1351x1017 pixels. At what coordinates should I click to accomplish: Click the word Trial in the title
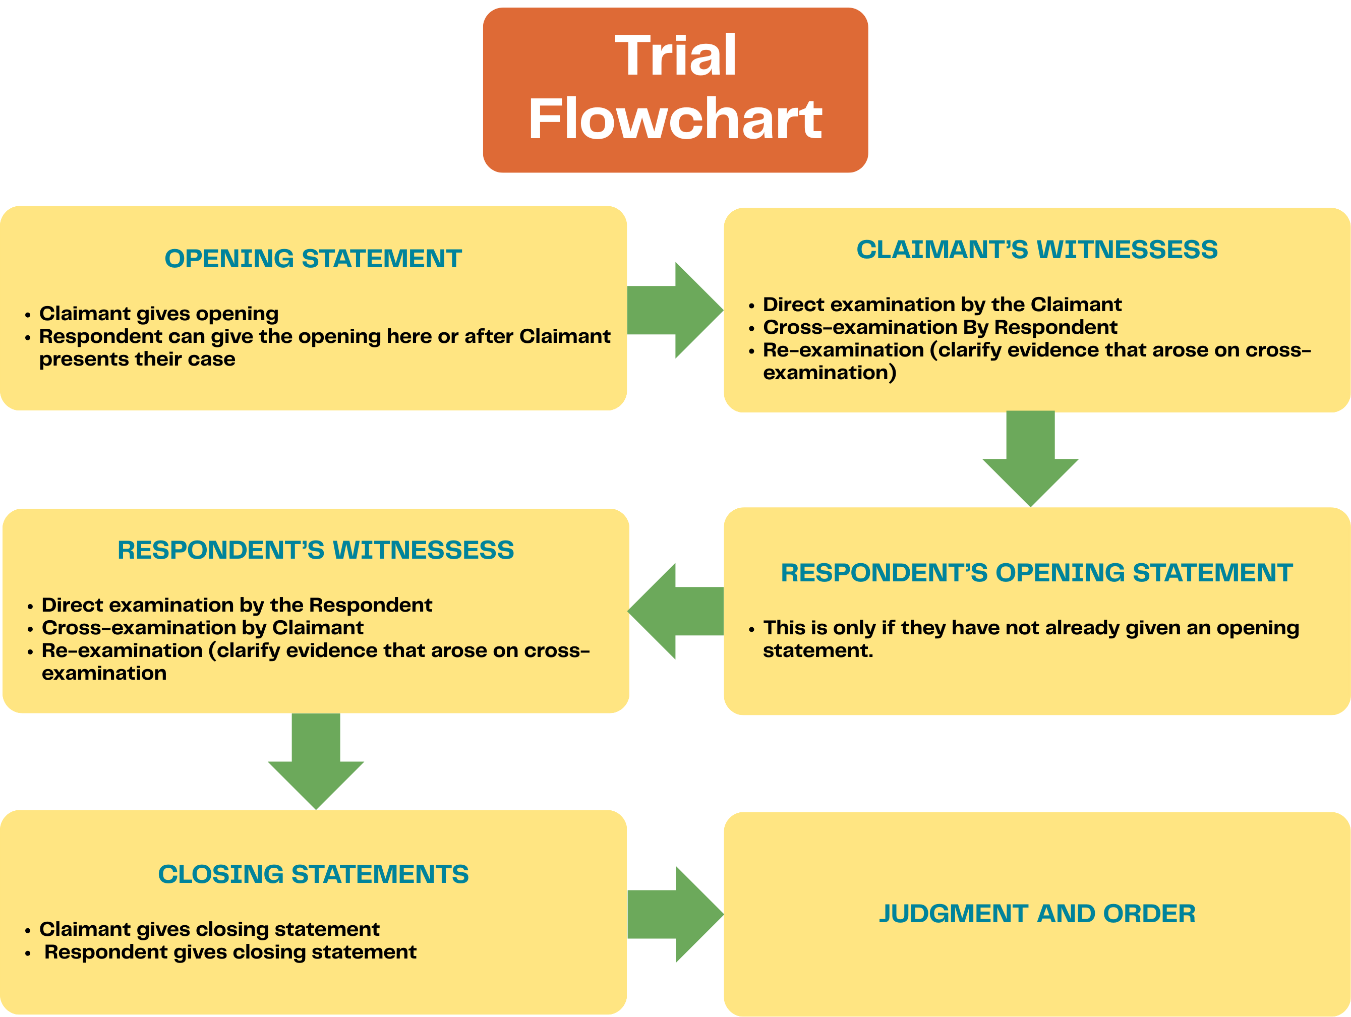click(x=676, y=56)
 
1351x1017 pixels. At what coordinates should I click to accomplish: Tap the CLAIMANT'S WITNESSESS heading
click(x=1036, y=250)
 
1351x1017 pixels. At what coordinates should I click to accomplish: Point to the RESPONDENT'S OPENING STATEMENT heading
click(x=1036, y=573)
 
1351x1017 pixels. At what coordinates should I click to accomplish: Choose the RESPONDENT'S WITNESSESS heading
click(x=315, y=550)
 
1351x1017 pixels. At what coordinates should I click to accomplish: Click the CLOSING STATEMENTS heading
click(x=313, y=875)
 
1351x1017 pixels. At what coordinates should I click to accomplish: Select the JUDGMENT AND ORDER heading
click(x=1036, y=914)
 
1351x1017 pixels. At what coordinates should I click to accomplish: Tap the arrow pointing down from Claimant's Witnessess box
click(x=1030, y=458)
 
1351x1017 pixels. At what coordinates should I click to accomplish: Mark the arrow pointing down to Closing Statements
click(x=316, y=760)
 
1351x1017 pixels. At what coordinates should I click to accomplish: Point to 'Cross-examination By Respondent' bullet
click(x=940, y=327)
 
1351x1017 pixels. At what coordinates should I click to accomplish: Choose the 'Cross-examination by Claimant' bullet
click(x=202, y=628)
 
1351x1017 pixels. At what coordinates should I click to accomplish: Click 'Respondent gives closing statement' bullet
click(x=230, y=952)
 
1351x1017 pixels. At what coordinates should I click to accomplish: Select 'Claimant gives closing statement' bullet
click(x=209, y=930)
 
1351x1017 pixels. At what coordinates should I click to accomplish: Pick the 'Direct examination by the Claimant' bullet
click(x=942, y=305)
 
